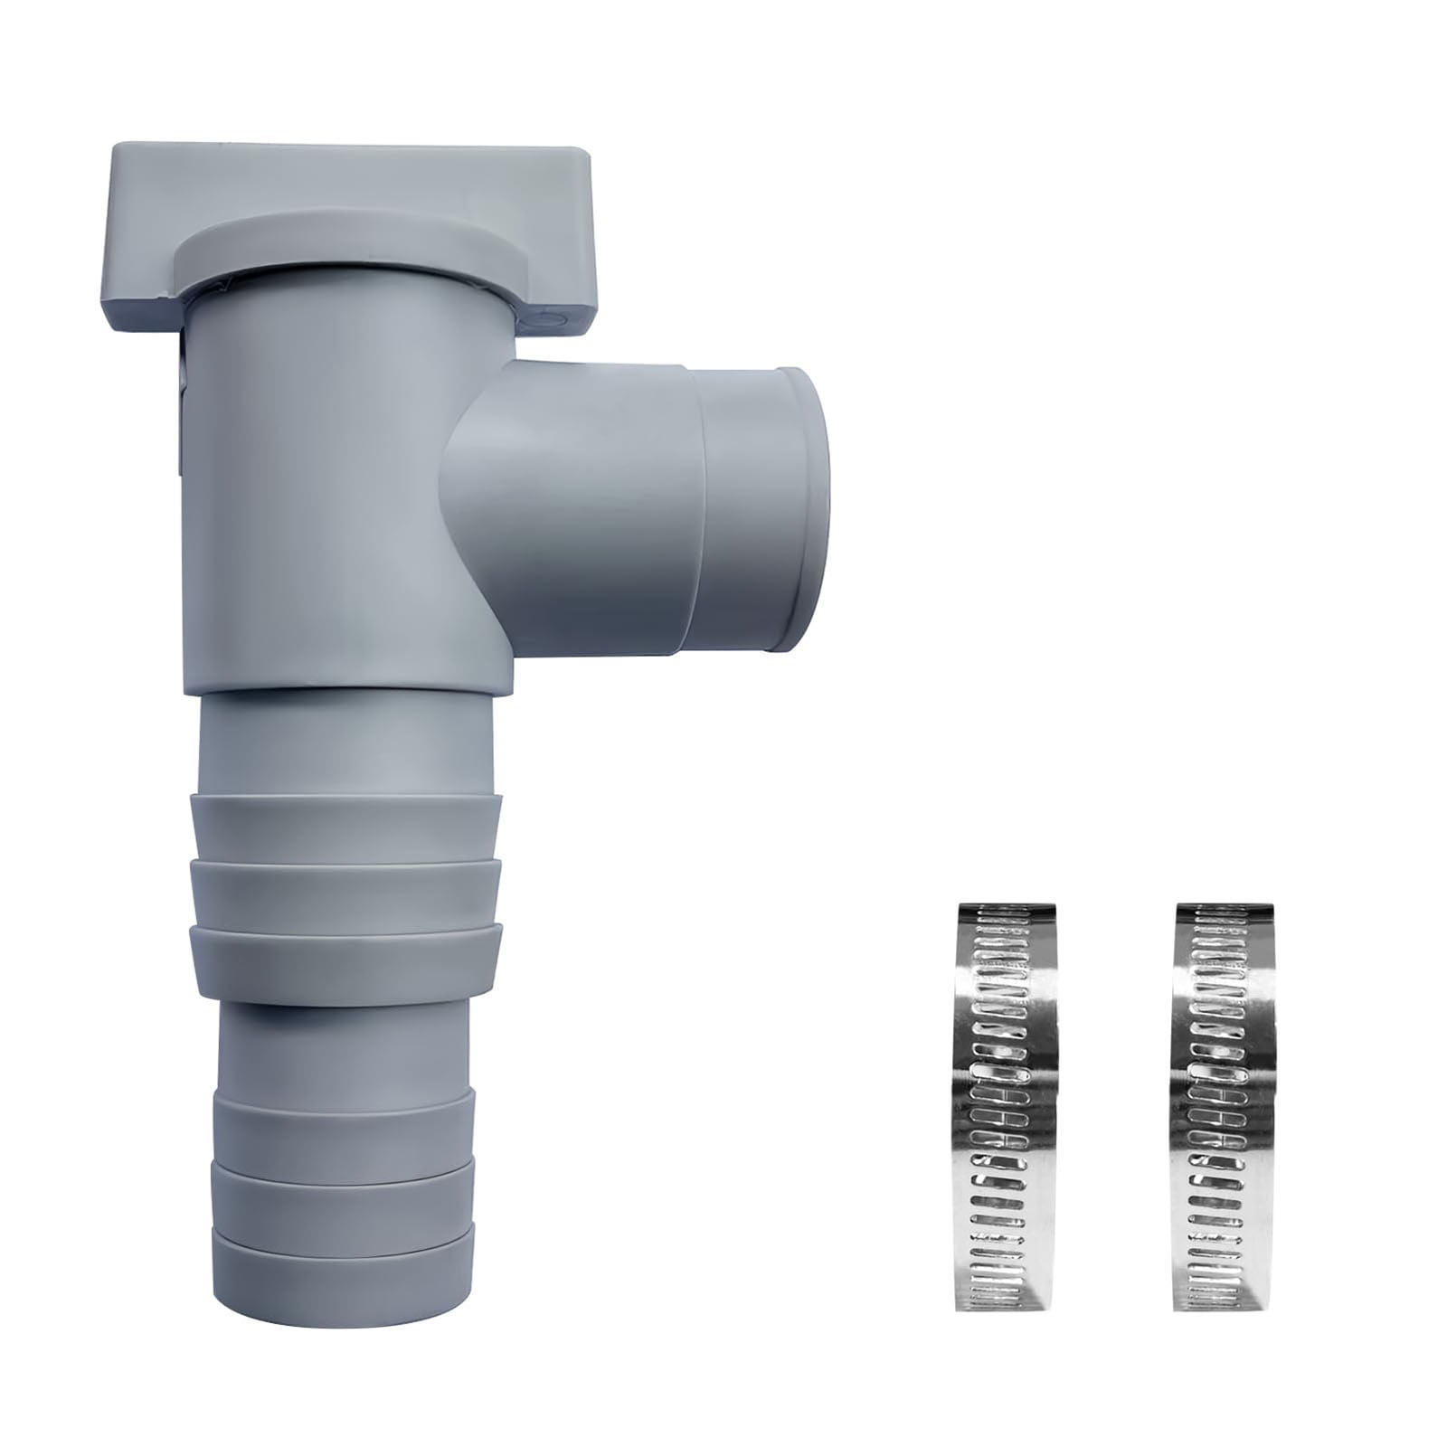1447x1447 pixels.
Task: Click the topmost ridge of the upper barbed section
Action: (346, 824)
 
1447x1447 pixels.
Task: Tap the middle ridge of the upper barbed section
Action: (346, 891)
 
